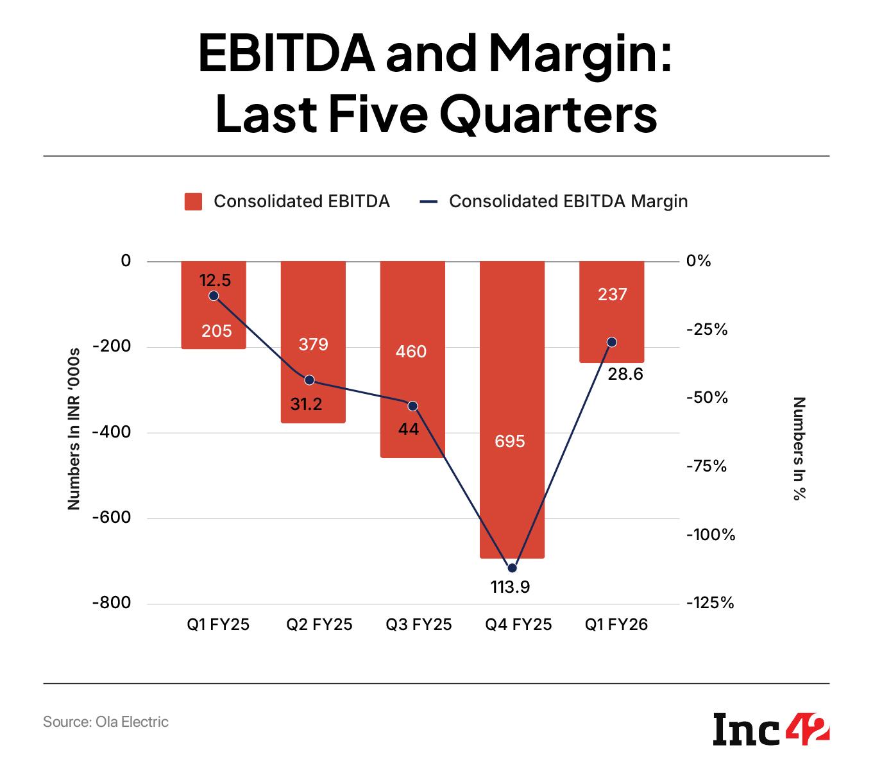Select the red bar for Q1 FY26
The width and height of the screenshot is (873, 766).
[x=611, y=321]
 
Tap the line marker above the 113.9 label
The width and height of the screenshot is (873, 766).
[x=512, y=568]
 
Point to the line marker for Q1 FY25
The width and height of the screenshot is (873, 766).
[x=214, y=296]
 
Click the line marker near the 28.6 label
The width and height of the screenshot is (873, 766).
[x=611, y=342]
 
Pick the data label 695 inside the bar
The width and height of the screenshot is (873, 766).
[x=510, y=441]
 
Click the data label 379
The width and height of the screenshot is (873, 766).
[x=313, y=345]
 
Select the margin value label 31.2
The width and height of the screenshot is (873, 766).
[x=306, y=404]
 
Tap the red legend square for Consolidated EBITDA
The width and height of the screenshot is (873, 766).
[x=193, y=201]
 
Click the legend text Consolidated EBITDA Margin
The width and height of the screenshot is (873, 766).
[x=568, y=201]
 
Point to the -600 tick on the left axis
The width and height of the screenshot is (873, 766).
[x=112, y=518]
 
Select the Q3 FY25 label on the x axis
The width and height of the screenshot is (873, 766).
[x=418, y=625]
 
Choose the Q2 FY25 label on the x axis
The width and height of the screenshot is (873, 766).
[x=319, y=625]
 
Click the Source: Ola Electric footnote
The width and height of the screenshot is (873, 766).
[x=106, y=722]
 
